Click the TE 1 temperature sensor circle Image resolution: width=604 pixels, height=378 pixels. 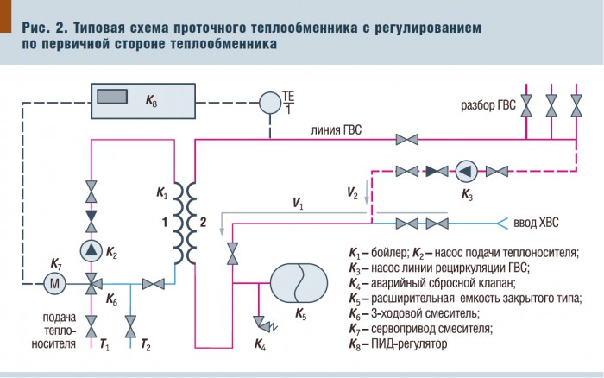271,102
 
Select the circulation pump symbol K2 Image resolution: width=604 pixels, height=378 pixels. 91,251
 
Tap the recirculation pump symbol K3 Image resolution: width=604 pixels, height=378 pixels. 465,170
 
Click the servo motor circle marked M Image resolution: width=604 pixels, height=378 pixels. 56,282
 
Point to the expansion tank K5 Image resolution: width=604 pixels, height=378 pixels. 299,282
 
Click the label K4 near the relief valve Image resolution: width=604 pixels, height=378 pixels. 261,344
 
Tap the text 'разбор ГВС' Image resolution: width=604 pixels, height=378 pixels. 488,105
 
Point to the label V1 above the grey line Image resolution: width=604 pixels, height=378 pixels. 298,204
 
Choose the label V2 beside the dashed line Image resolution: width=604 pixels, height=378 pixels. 352,192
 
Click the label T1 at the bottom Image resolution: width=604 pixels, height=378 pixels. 104,344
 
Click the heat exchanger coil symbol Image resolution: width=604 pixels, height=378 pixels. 187,221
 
